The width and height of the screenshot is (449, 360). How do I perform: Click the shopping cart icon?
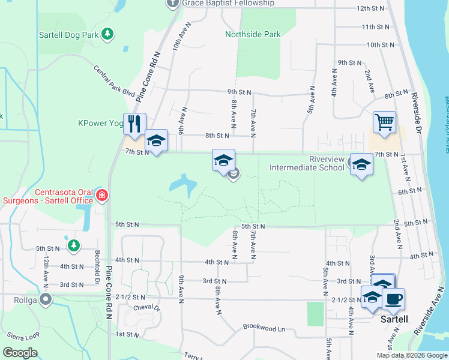coord(384,122)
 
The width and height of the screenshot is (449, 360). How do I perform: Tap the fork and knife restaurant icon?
coord(134,124)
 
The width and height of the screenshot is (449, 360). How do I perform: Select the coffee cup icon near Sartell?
coord(393,299)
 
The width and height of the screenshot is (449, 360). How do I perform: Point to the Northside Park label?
coord(253,34)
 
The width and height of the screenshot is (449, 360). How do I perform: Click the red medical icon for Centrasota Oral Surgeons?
coord(102,195)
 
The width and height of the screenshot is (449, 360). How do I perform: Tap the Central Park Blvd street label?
coord(115,81)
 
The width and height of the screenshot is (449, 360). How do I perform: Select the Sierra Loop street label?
coord(22,335)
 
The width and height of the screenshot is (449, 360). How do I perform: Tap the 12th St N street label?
coord(370,9)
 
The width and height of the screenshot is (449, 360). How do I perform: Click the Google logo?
coord(20,353)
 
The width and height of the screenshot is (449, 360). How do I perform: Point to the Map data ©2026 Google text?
coord(411,355)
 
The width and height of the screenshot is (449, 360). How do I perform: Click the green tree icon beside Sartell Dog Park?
coord(107,34)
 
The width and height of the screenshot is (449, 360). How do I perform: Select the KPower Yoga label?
coord(100,123)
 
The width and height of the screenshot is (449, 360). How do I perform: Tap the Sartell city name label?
coord(395,319)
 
